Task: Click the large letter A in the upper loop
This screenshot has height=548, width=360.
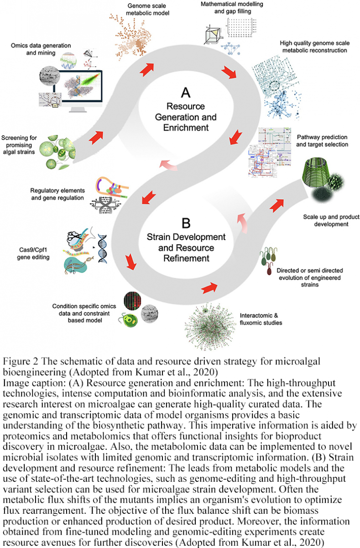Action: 186,93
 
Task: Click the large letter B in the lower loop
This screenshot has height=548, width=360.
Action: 186,223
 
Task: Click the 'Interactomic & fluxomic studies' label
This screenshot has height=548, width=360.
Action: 261,319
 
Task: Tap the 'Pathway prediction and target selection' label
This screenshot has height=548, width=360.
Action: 322,141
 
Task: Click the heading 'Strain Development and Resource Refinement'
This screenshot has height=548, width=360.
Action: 186,248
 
